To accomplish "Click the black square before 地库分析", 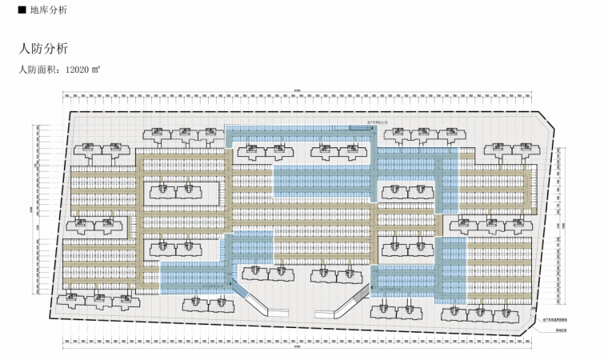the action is point(10,11).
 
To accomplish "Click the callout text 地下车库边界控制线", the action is point(558,319).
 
